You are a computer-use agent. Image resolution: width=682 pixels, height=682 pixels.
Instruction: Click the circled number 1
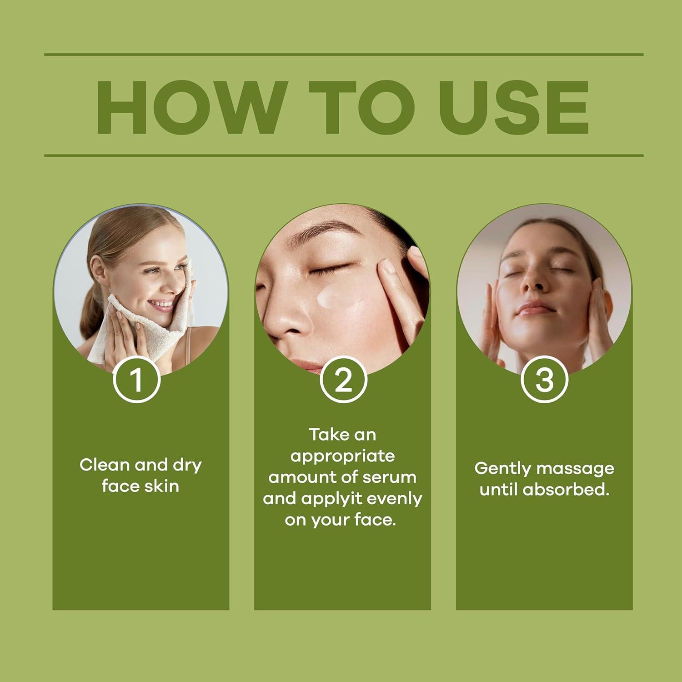[136, 380]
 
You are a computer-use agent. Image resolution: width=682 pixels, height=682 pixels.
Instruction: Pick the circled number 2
[343, 380]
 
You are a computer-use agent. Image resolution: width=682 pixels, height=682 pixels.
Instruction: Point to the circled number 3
[544, 380]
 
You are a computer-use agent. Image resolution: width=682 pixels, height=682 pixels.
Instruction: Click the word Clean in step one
[104, 465]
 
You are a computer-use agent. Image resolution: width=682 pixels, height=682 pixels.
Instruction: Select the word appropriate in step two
[342, 456]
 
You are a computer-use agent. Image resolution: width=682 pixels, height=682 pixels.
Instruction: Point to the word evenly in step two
[394, 499]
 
